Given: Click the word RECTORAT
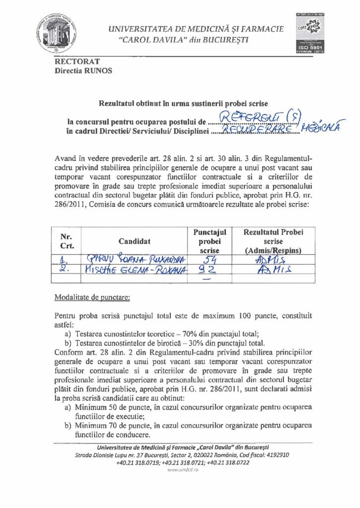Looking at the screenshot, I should coord(77,62).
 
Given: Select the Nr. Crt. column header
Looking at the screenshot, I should coord(67,241).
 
